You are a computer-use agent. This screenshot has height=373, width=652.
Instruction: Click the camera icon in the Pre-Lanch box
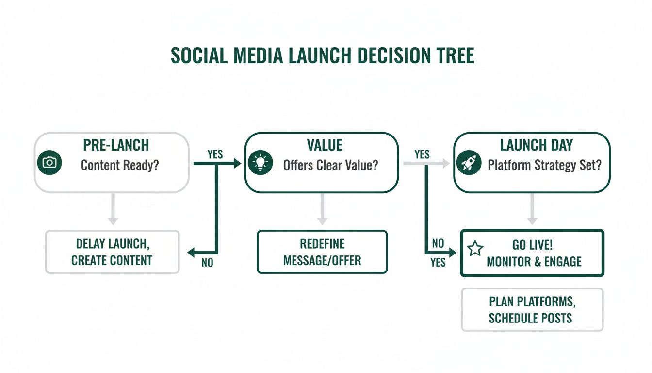click(x=49, y=163)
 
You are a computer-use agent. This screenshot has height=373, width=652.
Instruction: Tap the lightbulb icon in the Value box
click(x=261, y=163)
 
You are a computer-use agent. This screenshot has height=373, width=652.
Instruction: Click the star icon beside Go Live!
click(x=475, y=249)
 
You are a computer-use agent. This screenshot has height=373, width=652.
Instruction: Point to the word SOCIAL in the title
click(x=199, y=56)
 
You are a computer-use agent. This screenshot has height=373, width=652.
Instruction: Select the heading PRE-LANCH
click(x=116, y=145)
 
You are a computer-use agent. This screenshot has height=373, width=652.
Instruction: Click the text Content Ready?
click(x=120, y=165)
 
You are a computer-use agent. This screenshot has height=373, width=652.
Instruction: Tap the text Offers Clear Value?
click(x=330, y=165)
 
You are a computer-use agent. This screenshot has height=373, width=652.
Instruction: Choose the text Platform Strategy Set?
click(x=544, y=165)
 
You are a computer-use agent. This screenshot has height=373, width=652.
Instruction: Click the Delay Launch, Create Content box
click(x=112, y=252)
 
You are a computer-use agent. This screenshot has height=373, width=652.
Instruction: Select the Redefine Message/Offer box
click(x=322, y=252)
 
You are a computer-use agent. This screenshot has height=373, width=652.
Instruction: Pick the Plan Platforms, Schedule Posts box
click(x=532, y=310)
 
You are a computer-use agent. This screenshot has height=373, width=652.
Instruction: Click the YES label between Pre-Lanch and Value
click(x=215, y=154)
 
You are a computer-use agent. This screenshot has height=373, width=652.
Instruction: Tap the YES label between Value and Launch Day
click(x=422, y=154)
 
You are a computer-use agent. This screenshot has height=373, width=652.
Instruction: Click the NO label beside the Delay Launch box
click(x=207, y=264)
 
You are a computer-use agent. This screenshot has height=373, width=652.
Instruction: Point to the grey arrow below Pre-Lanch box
click(x=113, y=209)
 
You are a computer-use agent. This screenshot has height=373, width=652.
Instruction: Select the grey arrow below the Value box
click(x=322, y=209)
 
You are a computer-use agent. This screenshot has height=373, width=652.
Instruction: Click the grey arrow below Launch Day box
click(x=532, y=209)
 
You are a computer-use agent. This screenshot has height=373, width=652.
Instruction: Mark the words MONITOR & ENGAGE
click(x=534, y=262)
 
